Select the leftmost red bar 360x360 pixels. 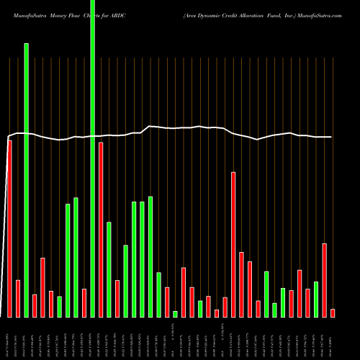[x=10, y=228]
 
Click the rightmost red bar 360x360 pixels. [x=333, y=312]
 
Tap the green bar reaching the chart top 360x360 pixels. [x=93, y=158]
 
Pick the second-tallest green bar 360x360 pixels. [x=27, y=180]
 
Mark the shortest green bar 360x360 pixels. [x=175, y=314]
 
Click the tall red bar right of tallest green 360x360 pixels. [x=101, y=229]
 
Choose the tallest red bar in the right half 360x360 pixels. [x=233, y=244]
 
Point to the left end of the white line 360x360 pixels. [x=8, y=137]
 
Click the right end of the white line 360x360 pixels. [x=332, y=137]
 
